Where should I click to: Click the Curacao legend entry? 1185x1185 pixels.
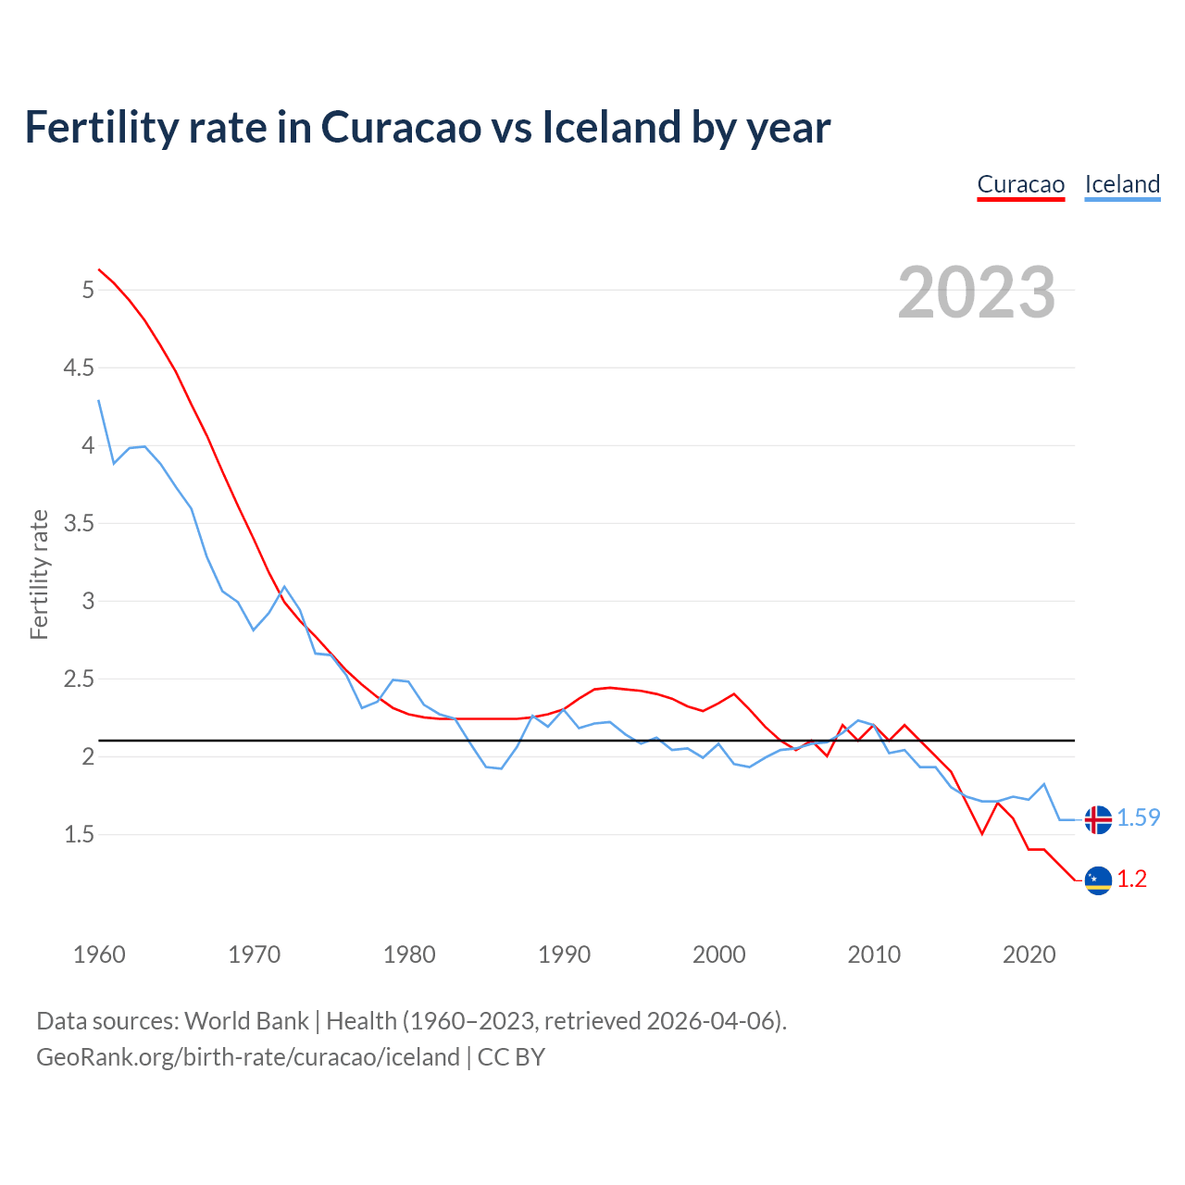point(1021,184)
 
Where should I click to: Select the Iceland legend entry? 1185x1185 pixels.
point(1122,184)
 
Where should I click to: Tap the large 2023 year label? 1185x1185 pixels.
point(977,293)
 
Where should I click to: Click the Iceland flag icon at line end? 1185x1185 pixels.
point(1098,819)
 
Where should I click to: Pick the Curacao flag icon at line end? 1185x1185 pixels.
point(1098,879)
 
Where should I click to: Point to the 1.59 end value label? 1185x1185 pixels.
point(1139,818)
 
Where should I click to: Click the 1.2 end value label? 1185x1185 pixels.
point(1132,879)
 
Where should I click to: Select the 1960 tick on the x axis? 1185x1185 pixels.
point(99,954)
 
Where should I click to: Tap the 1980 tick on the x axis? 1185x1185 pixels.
point(409,954)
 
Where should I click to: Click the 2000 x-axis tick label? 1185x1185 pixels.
point(718,954)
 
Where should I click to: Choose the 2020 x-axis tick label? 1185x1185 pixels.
point(1029,954)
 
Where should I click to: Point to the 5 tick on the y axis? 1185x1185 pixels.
point(88,291)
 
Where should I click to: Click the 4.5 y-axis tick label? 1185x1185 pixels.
point(79,368)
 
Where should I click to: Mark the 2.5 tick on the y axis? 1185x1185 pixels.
point(79,680)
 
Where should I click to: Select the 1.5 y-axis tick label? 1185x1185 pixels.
point(79,835)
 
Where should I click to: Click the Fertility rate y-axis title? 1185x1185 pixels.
point(39,574)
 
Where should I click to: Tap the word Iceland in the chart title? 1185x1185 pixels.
point(610,127)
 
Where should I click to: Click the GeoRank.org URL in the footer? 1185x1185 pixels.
point(248,1057)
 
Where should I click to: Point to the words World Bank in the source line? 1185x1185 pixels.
point(246,1021)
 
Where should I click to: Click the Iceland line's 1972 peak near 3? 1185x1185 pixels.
point(284,587)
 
